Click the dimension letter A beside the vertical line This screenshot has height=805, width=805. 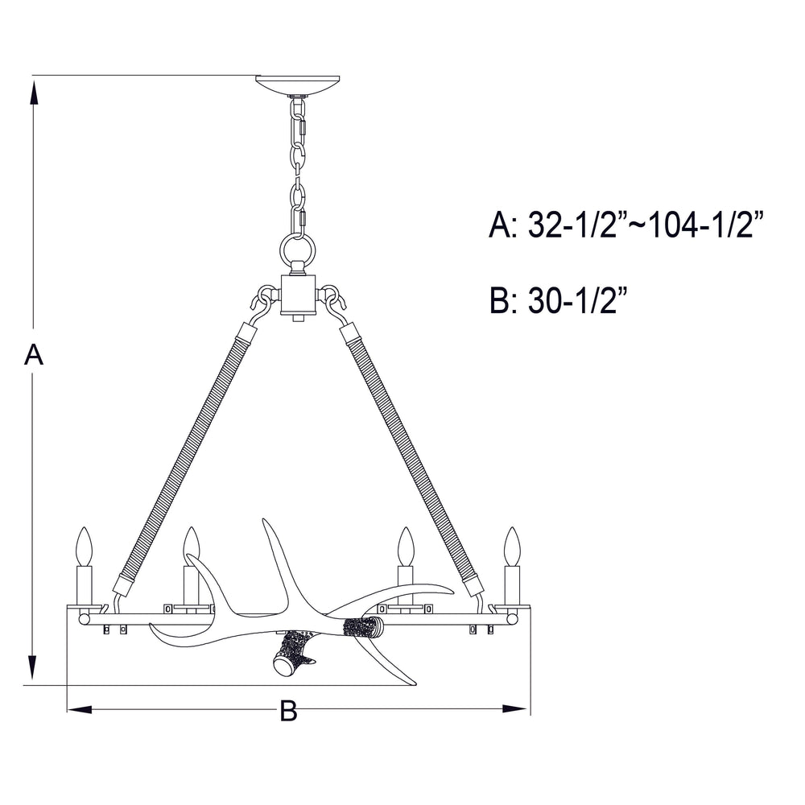[32, 355]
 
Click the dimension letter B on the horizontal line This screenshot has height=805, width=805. [287, 710]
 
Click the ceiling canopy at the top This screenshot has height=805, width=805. [297, 85]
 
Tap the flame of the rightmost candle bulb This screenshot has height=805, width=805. [510, 547]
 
